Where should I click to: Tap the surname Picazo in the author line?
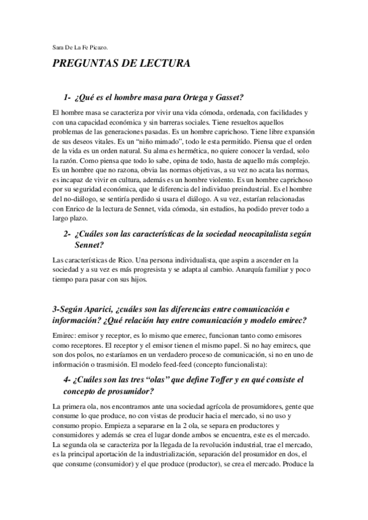(101, 45)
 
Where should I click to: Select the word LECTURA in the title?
(166, 64)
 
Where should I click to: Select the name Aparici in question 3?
(104, 309)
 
